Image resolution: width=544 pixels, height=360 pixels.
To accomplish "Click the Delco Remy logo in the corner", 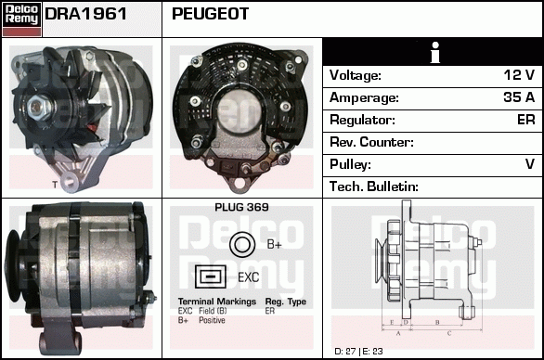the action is [x=21, y=19].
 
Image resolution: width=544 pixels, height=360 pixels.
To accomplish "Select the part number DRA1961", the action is [x=85, y=14].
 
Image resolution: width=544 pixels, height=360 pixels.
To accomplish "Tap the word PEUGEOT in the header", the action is [x=210, y=14].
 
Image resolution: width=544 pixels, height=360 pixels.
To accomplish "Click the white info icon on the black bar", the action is [x=435, y=52].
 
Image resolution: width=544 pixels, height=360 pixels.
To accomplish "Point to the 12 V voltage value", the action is [x=519, y=75].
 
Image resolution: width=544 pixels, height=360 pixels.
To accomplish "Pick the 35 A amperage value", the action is [x=519, y=97].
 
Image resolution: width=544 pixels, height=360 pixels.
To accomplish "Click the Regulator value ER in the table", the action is [x=526, y=120].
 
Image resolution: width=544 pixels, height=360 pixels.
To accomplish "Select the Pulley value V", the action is [x=530, y=163].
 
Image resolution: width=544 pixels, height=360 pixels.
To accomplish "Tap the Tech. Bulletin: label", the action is [x=374, y=186].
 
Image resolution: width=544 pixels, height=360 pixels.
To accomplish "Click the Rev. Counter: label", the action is [x=371, y=142].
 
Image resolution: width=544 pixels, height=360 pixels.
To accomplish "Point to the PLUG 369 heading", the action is [x=241, y=207].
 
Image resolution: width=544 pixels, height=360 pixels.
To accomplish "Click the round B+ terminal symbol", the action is [x=242, y=245].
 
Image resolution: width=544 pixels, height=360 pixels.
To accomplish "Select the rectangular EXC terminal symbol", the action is [x=210, y=276].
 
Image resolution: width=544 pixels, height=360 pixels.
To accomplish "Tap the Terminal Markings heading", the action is [x=217, y=302].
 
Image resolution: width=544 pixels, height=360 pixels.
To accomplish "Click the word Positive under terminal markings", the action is [x=212, y=320].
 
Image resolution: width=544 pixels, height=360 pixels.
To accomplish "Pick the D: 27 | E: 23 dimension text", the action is [x=358, y=352].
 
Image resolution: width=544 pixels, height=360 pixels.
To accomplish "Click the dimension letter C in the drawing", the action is [x=449, y=334].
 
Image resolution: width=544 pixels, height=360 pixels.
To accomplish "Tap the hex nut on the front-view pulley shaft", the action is [x=37, y=106].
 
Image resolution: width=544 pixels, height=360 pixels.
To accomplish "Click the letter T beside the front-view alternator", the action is [x=55, y=185].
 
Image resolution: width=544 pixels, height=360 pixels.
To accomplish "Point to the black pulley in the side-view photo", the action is [x=14, y=266].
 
